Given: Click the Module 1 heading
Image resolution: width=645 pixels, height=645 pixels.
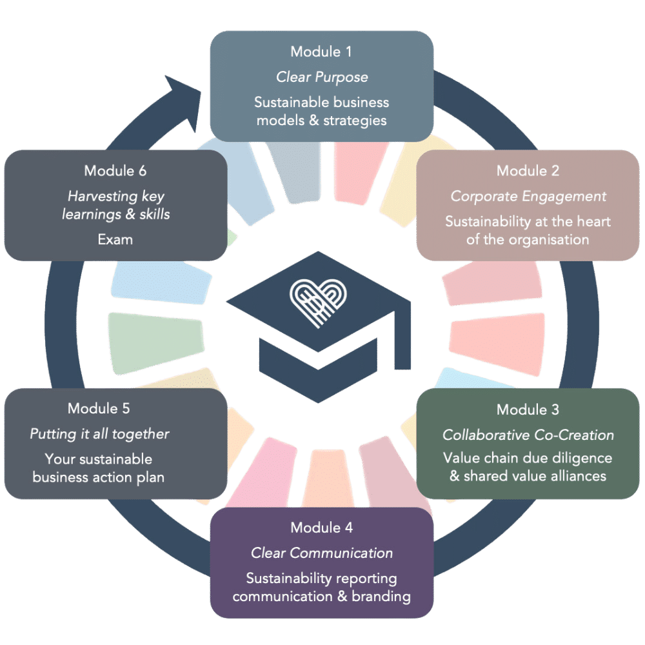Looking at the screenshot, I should (321, 52).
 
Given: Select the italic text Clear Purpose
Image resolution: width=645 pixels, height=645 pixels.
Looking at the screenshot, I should (322, 77).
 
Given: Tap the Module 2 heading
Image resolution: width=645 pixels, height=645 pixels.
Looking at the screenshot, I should (528, 171).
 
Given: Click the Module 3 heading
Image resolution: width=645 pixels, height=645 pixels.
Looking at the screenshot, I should (528, 410).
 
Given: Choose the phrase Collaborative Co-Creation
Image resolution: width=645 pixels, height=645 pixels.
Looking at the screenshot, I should (528, 435).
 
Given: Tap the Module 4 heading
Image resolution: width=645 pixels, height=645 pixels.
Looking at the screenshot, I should (321, 528).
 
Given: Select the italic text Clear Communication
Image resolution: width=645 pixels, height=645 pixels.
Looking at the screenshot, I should (322, 553).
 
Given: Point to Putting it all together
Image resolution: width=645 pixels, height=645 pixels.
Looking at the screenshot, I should (99, 434).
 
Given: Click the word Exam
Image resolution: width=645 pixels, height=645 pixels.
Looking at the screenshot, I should (115, 239).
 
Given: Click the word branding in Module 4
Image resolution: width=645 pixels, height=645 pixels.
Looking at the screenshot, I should (381, 596).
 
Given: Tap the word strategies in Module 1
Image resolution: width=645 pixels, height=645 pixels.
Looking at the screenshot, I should (356, 120).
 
